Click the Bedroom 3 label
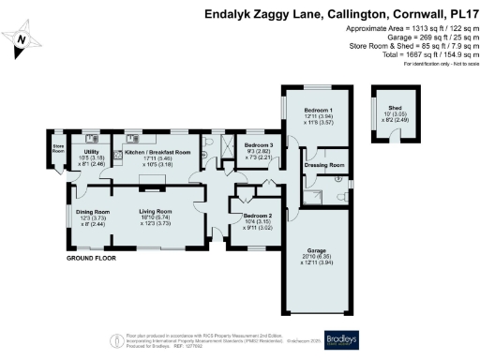click(x=260, y=145)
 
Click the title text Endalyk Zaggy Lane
click(x=265, y=14)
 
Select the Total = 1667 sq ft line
click(x=410, y=55)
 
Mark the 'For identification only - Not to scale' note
click(x=438, y=64)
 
